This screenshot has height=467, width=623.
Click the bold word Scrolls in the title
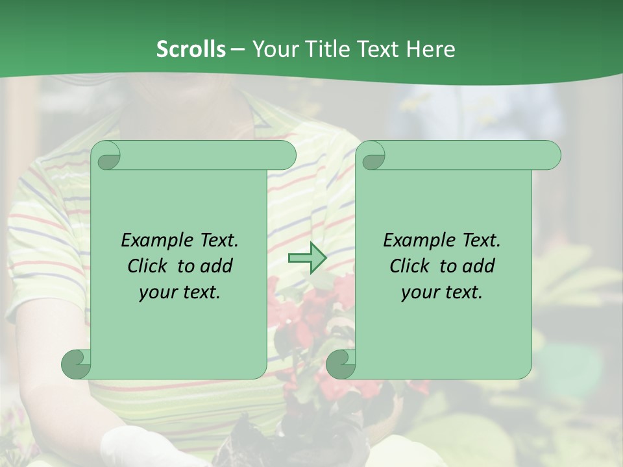pos(191,49)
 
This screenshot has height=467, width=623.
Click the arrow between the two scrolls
pos(307,258)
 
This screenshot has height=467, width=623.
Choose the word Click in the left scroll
pos(149,266)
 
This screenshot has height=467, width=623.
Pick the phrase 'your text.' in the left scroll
pos(180,293)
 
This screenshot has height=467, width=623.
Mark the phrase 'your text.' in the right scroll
pos(442,293)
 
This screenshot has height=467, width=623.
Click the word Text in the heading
pos(378,49)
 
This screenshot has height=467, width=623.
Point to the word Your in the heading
pos(273,49)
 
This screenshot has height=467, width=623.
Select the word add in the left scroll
pos(217,266)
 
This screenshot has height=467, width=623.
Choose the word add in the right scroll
pos(479,266)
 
